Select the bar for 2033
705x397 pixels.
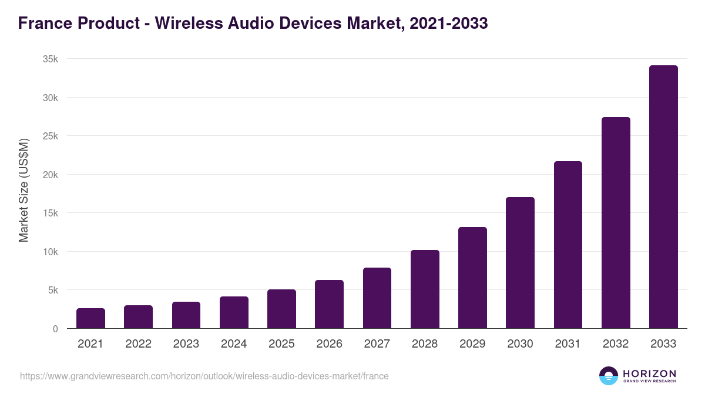point(663,197)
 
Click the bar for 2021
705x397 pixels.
point(90,318)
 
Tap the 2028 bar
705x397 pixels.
point(425,289)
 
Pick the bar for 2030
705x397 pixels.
point(520,263)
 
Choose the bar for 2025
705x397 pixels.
point(281,309)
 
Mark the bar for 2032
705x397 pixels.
point(616,223)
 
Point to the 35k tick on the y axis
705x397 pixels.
point(51,59)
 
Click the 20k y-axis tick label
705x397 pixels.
point(51,175)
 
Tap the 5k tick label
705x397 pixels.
point(53,290)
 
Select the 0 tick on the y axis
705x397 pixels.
point(55,329)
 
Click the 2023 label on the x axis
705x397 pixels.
point(186,344)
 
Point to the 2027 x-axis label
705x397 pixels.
point(377,344)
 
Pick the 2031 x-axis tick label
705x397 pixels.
point(568,344)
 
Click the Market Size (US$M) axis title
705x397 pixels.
point(23,191)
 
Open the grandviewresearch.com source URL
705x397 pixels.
point(204,376)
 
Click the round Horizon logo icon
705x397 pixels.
point(608,376)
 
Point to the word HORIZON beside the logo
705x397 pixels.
point(649,373)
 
